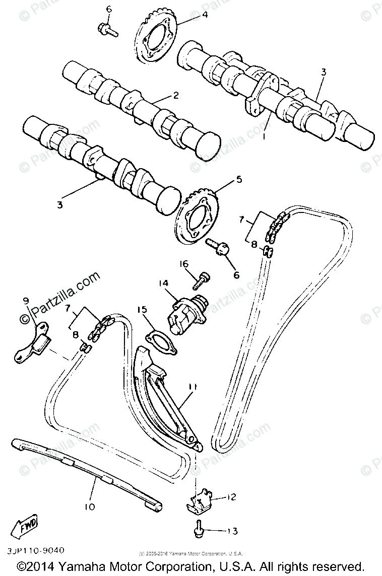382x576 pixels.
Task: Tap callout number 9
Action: [26, 301]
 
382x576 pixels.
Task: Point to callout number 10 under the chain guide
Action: [90, 507]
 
